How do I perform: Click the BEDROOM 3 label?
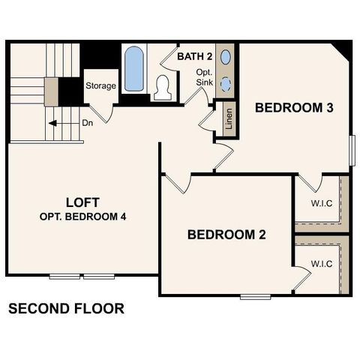(294, 107)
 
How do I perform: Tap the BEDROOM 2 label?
(226, 235)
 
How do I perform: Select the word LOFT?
(82, 202)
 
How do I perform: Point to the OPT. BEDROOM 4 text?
(82, 217)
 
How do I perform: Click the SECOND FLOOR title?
(66, 308)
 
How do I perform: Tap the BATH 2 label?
(196, 56)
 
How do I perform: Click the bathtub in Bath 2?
(133, 69)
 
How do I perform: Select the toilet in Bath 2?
(161, 87)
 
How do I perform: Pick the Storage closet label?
(100, 85)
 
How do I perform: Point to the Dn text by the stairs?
(87, 122)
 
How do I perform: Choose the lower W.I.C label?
(322, 263)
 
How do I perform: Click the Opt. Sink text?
(205, 76)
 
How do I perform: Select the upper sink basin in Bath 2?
(226, 56)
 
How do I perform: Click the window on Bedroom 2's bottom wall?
(255, 297)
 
